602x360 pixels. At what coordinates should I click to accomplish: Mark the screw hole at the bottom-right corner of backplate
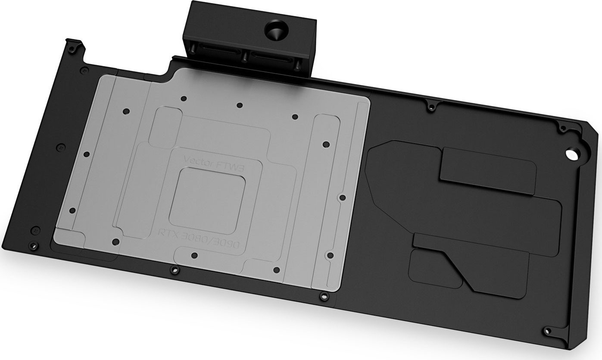[548, 330]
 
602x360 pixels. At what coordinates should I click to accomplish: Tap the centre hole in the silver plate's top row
[240, 105]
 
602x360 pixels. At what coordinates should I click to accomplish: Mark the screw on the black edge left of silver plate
[61, 147]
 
